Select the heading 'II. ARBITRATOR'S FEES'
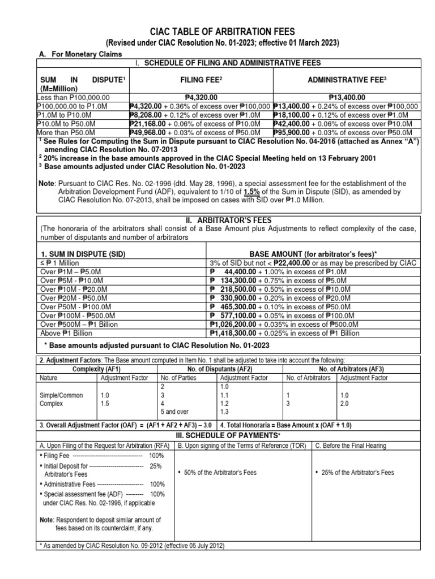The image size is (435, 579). pyautogui.click(x=217, y=219)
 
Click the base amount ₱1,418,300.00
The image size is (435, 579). pyautogui.click(x=234, y=334)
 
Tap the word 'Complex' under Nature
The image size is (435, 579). pyautogui.click(x=50, y=405)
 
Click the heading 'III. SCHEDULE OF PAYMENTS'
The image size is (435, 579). pyautogui.click(x=217, y=435)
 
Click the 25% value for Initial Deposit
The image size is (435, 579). pyautogui.click(x=155, y=466)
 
